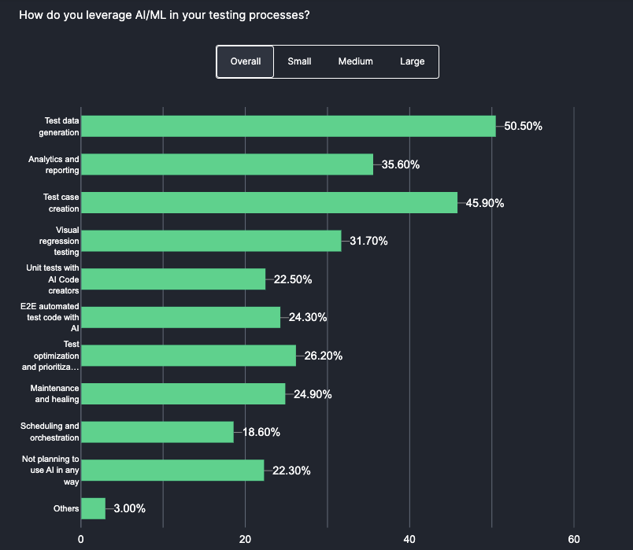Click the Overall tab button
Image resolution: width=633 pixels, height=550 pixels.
245,61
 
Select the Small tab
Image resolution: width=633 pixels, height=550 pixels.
299,61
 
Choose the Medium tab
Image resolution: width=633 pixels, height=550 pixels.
355,61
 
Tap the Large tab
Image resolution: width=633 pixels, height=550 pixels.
412,61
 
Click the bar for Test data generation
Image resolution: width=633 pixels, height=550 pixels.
288,126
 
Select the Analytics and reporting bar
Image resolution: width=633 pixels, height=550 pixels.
227,164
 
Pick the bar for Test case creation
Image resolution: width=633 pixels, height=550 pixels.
269,202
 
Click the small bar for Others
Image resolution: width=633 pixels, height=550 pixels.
93,508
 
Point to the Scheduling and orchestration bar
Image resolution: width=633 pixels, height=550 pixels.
157,432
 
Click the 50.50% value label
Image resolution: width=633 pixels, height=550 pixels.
524,126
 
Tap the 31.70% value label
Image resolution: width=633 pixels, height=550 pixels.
368,241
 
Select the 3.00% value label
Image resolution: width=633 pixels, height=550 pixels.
129,508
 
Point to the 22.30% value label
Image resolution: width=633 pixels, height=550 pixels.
291,471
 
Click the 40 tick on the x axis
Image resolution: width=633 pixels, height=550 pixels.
409,539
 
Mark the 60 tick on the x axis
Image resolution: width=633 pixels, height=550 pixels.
573,539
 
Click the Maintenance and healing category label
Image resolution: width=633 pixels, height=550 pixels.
54,393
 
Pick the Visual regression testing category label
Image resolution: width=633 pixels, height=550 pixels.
61,241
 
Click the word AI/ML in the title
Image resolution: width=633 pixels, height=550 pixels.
145,15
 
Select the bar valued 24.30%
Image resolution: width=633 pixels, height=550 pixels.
180,317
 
